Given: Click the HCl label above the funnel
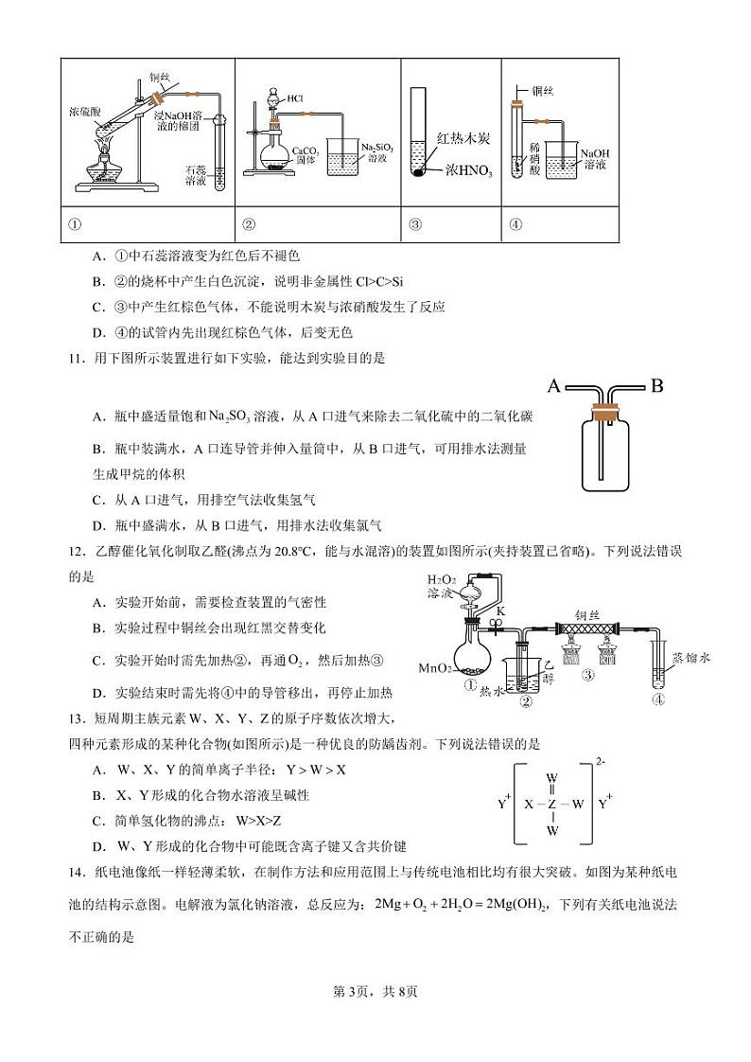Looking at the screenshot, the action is point(294,97).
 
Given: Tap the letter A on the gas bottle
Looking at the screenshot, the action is point(555,385).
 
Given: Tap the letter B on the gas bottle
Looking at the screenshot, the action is point(657,385).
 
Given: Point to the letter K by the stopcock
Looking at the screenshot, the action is point(500,611).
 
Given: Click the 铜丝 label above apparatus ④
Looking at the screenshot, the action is point(543,91).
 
